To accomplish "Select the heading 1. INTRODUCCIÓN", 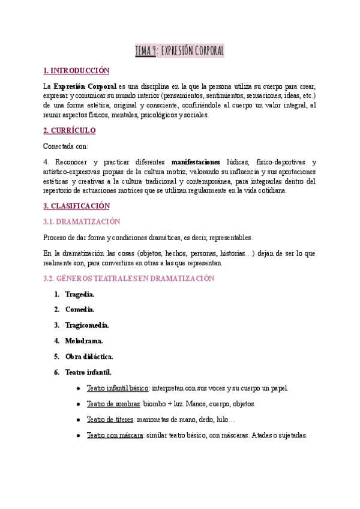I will pos(77,71).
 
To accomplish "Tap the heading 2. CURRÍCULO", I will pos(70,130).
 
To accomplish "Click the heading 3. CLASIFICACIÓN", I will pos(77,205).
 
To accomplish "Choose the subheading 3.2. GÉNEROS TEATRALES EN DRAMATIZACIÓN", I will pos(129,279).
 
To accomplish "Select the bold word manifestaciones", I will pos(196,162).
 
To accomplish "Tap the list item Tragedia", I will pos(80,294).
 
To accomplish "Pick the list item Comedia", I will pos(80,310).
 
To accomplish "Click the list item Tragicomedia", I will pos(87,325).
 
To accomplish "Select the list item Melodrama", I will pos(85,341).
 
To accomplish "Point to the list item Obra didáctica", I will pos(89,357).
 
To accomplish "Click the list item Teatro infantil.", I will pos(88,372).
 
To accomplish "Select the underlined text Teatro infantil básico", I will pos(118,388).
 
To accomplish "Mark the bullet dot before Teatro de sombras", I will pos(79,404).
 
